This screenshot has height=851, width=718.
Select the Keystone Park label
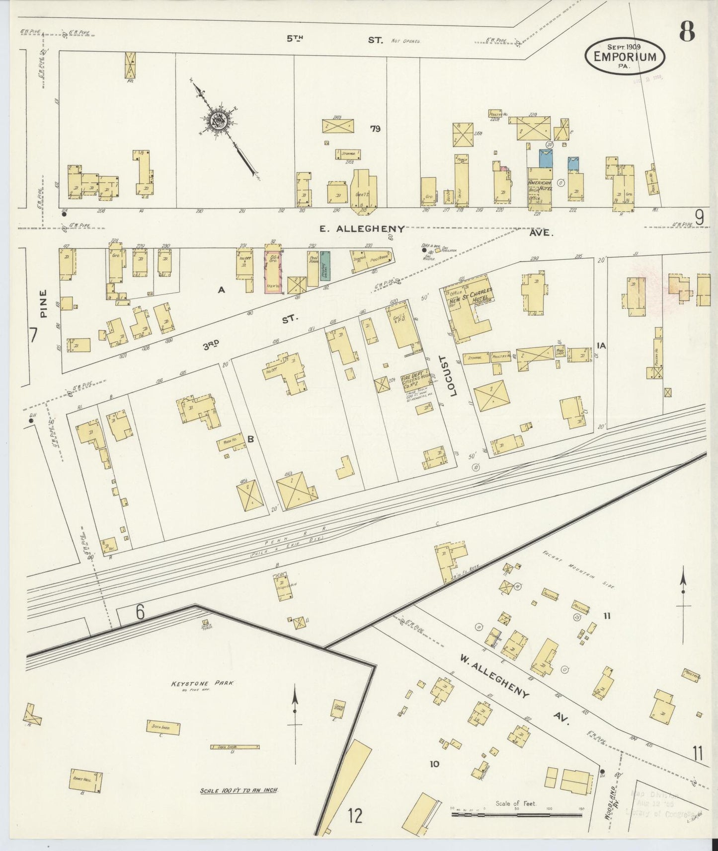(x=202, y=683)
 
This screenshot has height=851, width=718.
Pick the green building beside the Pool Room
(x=325, y=266)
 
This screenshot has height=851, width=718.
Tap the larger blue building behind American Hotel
(x=546, y=158)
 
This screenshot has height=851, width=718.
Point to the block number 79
(x=375, y=129)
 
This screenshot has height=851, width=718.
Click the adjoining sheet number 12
(x=355, y=816)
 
